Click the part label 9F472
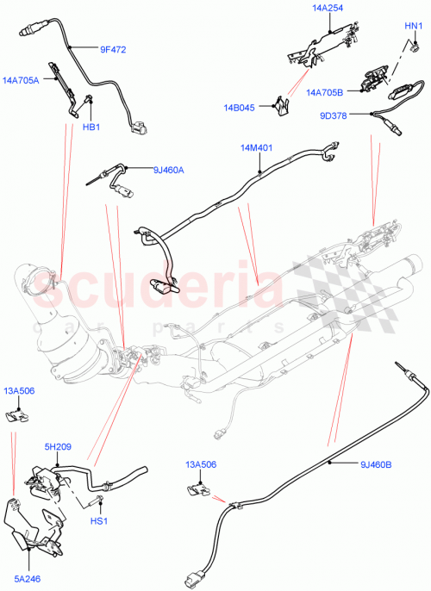112,49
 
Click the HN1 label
414,27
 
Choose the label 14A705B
325,91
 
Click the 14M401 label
256,148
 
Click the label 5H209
59,446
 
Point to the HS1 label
99,521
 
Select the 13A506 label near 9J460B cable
200,466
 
